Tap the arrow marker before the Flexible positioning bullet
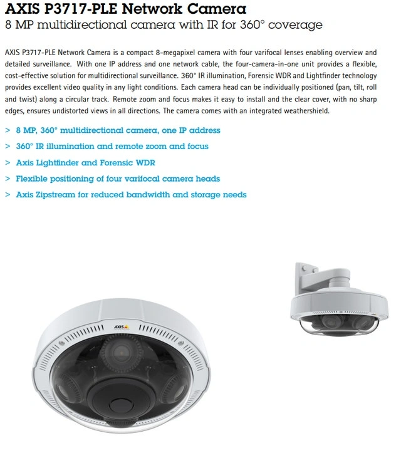tap(7, 179)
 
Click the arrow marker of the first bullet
tap(7, 130)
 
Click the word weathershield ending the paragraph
tap(306, 110)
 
